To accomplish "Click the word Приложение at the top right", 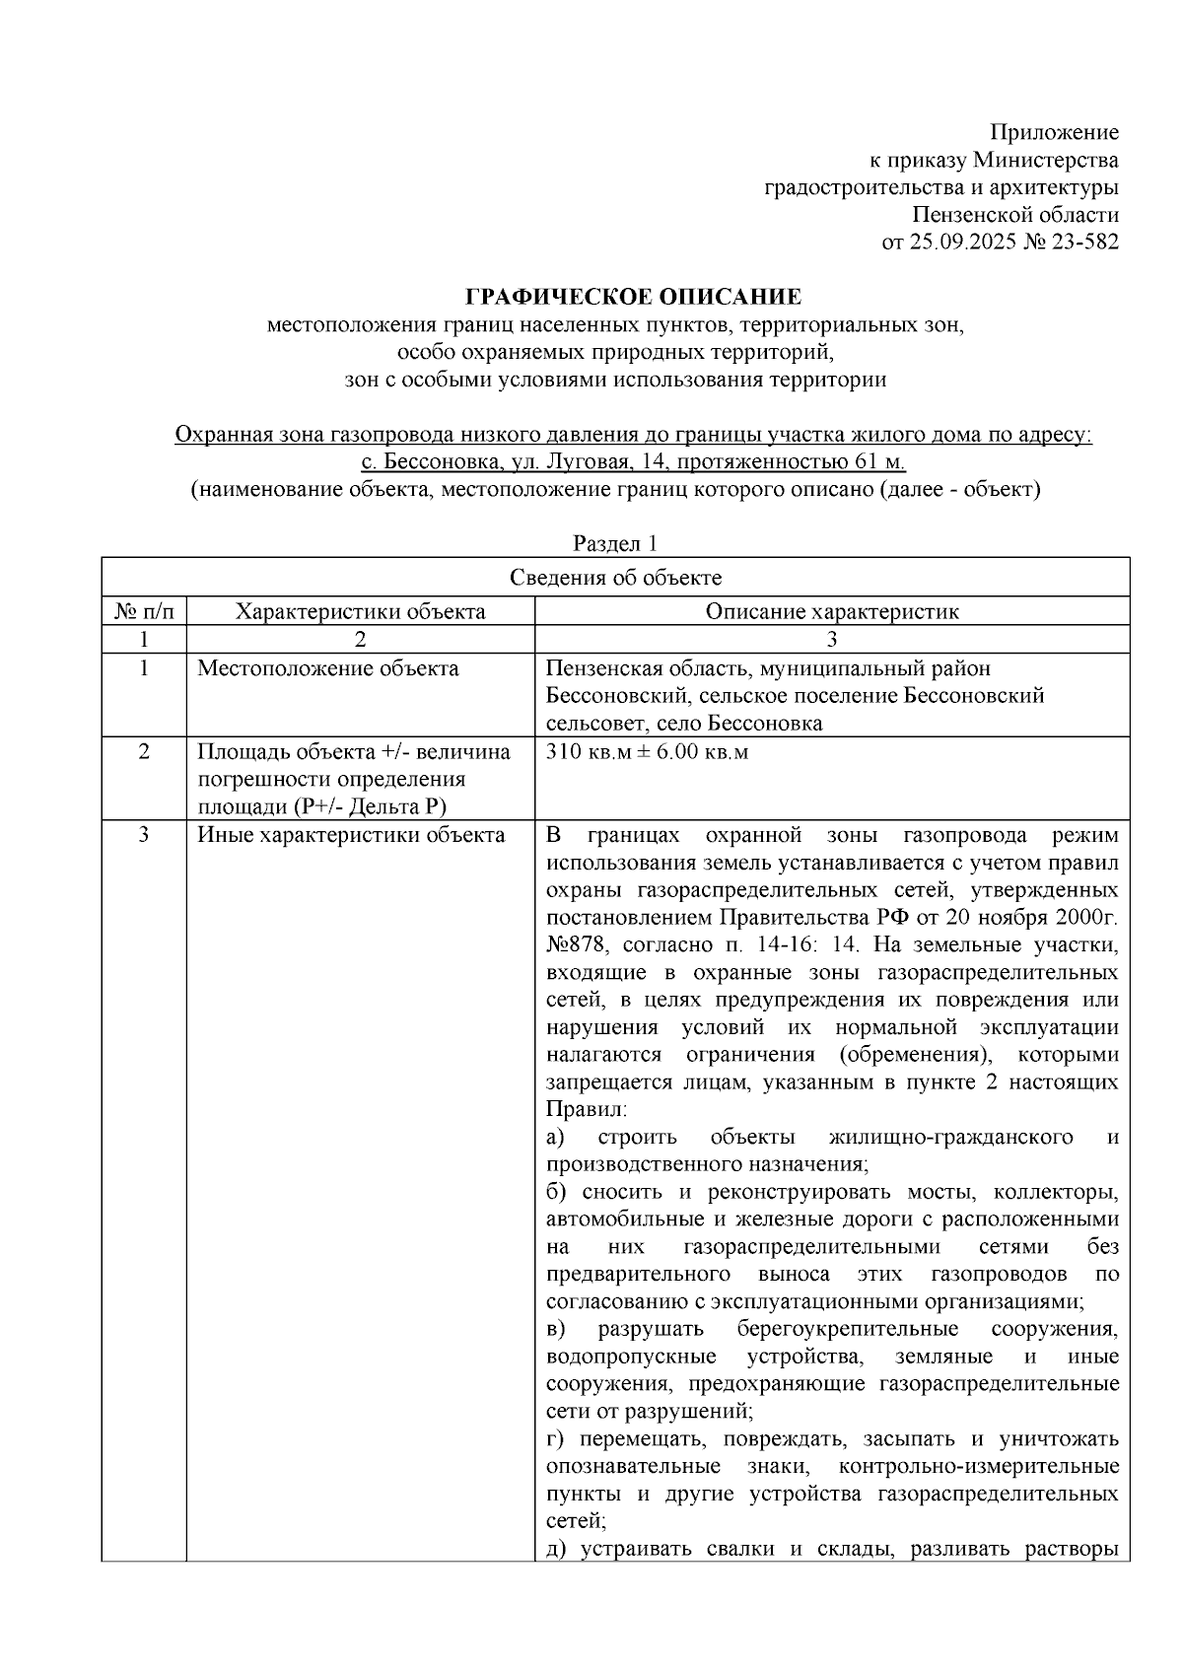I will (x=1054, y=132).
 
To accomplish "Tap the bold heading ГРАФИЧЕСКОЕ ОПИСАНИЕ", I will (x=633, y=297).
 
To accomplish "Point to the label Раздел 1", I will (x=615, y=543).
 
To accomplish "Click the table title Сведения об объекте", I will (x=615, y=578).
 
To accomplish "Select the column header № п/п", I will (x=144, y=611).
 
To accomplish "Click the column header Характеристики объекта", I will (x=360, y=611).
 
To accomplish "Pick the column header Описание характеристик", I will (x=831, y=611).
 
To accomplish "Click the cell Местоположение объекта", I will (x=327, y=668).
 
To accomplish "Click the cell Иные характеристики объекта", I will (x=351, y=835).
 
